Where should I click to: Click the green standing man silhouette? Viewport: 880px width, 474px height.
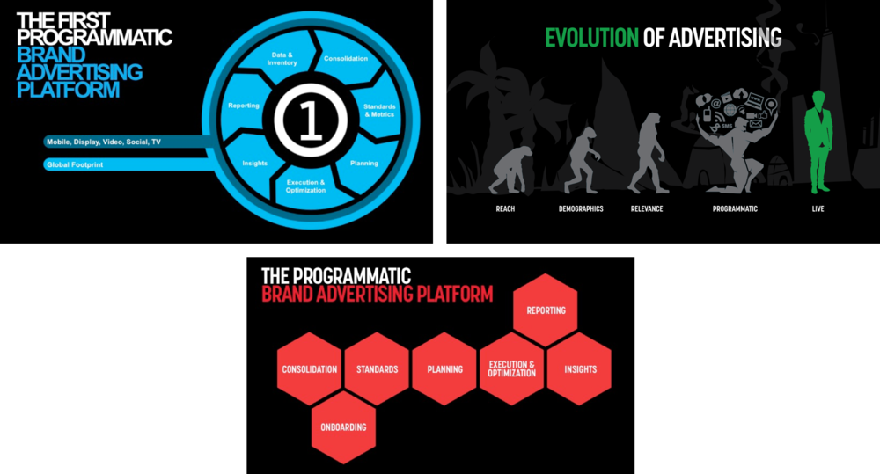[818, 142]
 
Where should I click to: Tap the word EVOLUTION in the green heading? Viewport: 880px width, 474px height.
[592, 38]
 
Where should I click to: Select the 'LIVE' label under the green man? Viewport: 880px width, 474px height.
[818, 208]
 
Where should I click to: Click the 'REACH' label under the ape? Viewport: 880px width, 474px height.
[505, 208]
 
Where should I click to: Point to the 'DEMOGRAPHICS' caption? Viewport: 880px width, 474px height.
[581, 208]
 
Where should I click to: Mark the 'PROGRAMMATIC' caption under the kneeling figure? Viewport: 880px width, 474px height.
[735, 208]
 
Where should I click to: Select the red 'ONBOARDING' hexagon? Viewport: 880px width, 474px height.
[343, 427]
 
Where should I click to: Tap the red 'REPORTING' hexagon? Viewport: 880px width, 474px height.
[546, 310]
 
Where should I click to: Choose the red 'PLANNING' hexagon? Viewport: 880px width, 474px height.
[444, 369]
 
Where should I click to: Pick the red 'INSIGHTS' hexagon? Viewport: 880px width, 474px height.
[579, 369]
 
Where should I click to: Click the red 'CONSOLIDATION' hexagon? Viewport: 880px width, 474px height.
[309, 369]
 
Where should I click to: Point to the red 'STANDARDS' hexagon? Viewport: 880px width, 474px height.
[378, 369]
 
